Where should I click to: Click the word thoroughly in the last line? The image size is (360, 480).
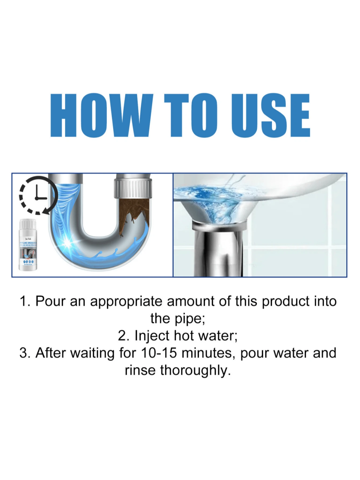point(195,371)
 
